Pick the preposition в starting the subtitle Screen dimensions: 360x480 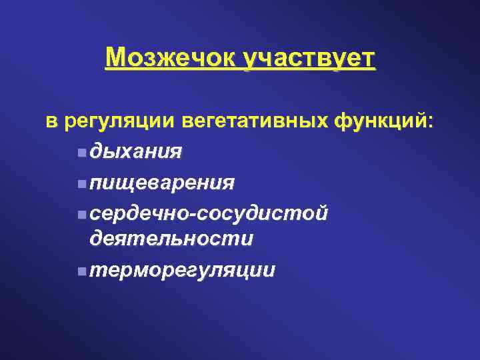51,122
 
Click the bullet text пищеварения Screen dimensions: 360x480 163,183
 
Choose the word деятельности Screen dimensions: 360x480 171,239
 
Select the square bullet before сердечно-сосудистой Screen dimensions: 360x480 81,213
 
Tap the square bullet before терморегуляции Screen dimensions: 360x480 81,271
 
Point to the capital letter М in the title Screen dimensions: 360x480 115,59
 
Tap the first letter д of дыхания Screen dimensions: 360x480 97,153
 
